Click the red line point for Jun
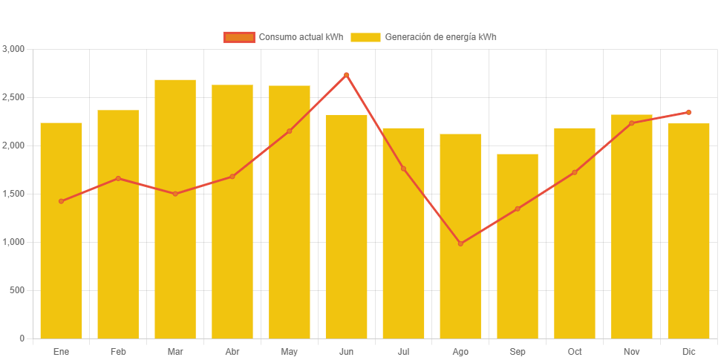[x=346, y=74]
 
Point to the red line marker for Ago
[x=460, y=243]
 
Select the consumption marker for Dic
[x=688, y=112]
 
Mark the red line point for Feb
[x=118, y=178]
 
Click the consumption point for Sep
[x=518, y=209]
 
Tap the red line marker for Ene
[x=61, y=201]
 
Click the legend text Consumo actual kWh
[x=301, y=37]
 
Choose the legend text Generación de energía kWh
[x=441, y=37]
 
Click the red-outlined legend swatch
[x=239, y=37]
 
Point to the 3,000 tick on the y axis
[x=14, y=49]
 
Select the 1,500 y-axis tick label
[x=14, y=194]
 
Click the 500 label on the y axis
[x=17, y=290]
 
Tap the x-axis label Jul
[x=403, y=351]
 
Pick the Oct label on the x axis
[x=575, y=351]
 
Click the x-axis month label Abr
[x=232, y=351]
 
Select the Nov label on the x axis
[x=631, y=351]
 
